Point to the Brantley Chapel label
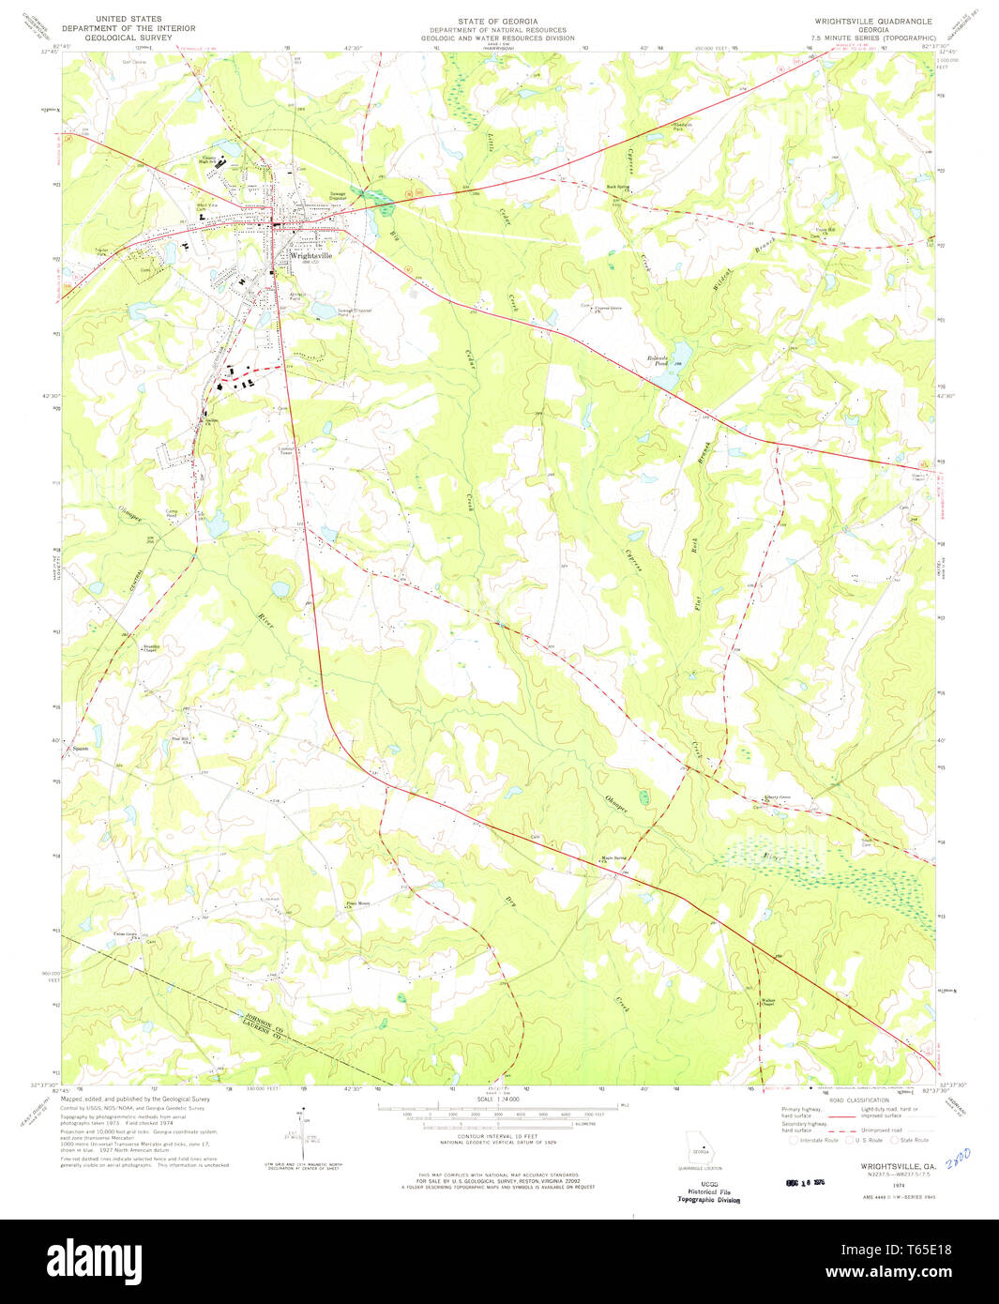pyautogui.click(x=151, y=649)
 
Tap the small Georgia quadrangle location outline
pyautogui.click(x=699, y=1151)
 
